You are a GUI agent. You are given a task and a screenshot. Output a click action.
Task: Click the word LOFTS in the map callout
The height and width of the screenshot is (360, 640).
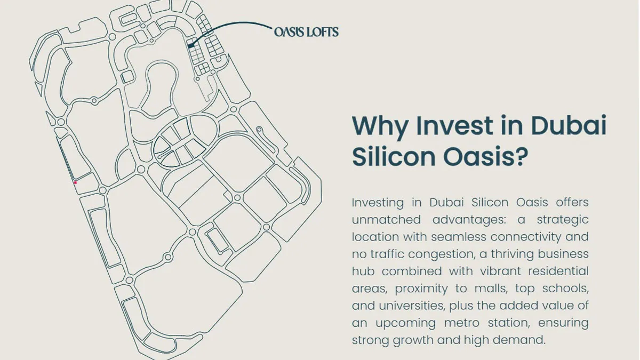[322, 32]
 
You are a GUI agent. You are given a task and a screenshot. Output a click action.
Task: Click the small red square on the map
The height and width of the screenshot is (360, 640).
[75, 182]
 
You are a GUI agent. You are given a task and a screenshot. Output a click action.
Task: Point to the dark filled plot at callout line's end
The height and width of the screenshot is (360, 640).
[190, 45]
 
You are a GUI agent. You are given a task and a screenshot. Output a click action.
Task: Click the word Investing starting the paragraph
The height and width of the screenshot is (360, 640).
[378, 203]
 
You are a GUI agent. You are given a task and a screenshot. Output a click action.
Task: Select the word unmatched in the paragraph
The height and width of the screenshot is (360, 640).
[386, 220]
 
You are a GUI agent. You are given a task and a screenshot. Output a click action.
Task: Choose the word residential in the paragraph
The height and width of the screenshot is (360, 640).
[558, 271]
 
